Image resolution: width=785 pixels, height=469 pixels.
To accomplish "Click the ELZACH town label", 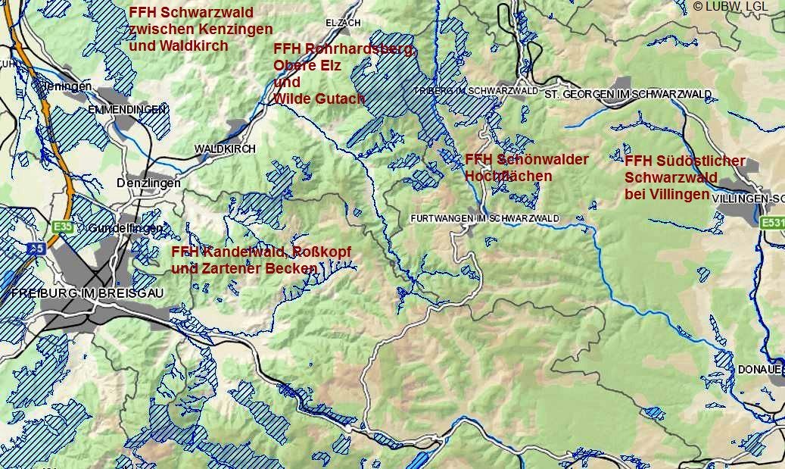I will (342, 23).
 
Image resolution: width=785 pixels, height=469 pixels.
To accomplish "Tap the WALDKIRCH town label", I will (225, 149).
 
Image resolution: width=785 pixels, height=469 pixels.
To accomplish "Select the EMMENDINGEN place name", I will (126, 110).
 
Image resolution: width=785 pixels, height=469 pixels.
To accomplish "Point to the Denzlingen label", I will (148, 183).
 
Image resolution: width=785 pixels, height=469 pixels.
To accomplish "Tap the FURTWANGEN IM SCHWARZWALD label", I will (484, 218).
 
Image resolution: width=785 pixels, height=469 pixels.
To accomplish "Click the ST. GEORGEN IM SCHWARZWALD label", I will (628, 94).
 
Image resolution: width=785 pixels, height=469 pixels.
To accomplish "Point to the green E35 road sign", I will (63, 227).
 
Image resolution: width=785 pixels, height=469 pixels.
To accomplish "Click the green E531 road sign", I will (772, 223).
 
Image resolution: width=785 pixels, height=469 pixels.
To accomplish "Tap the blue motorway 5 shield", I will (36, 248).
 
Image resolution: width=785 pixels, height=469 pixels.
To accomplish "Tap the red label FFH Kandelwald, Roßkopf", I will (261, 252).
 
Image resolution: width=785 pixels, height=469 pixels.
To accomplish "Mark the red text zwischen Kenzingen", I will (201, 30).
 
